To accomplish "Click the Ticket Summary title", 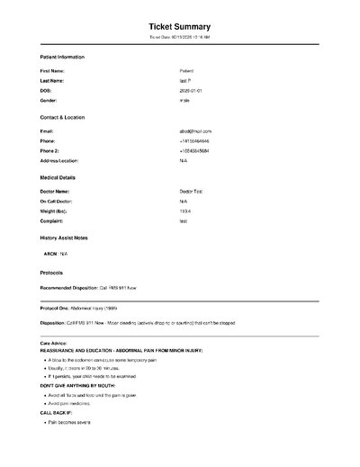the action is coord(179,28).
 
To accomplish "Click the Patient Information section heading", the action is coord(63,57).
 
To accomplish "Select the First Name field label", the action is coord(53,70).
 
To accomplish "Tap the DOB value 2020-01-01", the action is coord(193,90).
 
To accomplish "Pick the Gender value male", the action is coord(184,101).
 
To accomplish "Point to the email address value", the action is coord(195,130).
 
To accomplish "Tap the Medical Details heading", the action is coord(58,177).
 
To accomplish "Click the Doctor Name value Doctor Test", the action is coord(193,191).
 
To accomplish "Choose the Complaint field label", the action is coord(52,220).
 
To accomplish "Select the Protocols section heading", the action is coord(52,271).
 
